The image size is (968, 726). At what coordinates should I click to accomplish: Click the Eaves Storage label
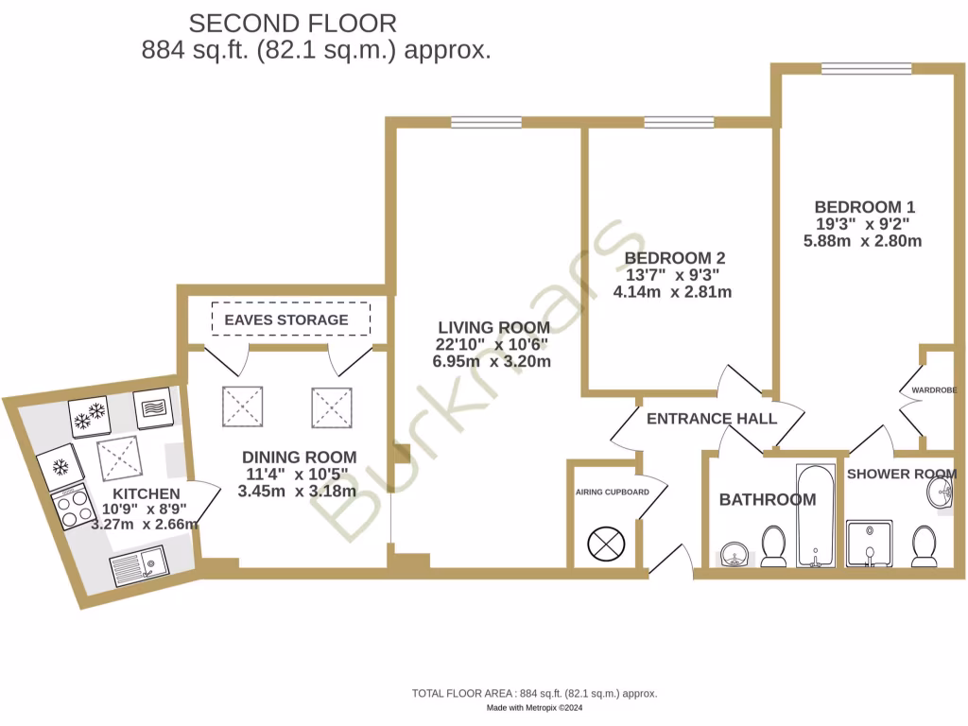pos(285,320)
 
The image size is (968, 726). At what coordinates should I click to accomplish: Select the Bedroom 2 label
pos(674,258)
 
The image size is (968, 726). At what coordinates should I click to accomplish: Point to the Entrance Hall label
pos(711,419)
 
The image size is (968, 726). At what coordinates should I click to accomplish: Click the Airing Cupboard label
pos(613,493)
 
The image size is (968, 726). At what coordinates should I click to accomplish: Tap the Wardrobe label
pos(934,389)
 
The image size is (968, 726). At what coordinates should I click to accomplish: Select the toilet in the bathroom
pos(773,545)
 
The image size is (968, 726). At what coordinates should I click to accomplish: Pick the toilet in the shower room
pos(924,546)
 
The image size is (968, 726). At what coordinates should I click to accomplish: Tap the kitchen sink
pos(137,568)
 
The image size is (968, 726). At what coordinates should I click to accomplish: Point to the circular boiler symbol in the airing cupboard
pos(602,544)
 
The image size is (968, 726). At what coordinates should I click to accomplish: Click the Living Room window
pos(487,121)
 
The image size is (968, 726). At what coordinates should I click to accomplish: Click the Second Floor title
pos(293,23)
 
